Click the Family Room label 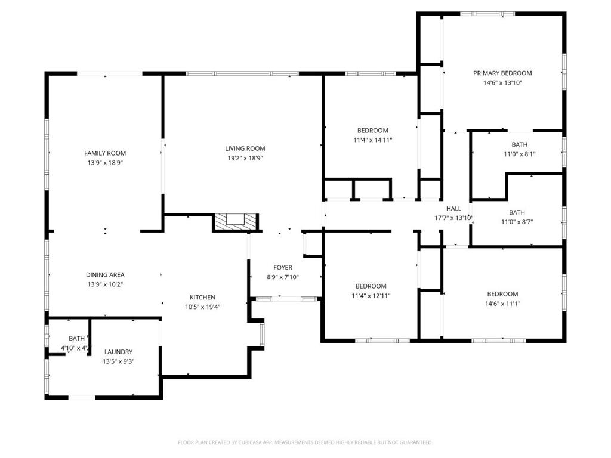[x=105, y=153]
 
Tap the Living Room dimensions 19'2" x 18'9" [x=245, y=159]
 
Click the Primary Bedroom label [x=502, y=73]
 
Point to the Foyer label [x=283, y=267]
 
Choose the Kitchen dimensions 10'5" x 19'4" [x=202, y=307]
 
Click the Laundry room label [x=118, y=352]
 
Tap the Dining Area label [x=105, y=275]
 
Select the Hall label [x=454, y=209]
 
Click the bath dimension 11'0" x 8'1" [x=519, y=154]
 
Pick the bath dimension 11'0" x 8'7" [x=517, y=222]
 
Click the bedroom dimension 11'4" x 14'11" [x=372, y=140]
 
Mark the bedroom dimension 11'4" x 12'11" [x=371, y=296]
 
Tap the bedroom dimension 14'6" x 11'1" [x=502, y=304]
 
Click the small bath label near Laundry [x=76, y=338]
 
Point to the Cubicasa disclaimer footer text [x=305, y=442]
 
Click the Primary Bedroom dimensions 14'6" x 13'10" [x=502, y=83]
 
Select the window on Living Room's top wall [x=242, y=74]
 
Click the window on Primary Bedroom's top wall [x=487, y=14]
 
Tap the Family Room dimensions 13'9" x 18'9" [x=105, y=163]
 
